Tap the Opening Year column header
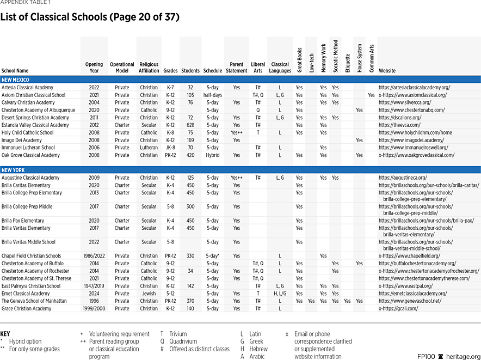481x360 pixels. (94, 68)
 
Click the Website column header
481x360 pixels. (387, 71)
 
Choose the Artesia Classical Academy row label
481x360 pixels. (27, 87)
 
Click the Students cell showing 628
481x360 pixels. (190, 125)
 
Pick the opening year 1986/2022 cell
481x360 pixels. (94, 255)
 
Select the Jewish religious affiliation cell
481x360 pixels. (149, 293)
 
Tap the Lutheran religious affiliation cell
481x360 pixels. (149, 148)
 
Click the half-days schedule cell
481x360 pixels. (212, 95)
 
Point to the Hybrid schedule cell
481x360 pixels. (212, 155)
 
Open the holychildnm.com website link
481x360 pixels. (415, 132)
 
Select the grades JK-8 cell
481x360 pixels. (170, 148)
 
